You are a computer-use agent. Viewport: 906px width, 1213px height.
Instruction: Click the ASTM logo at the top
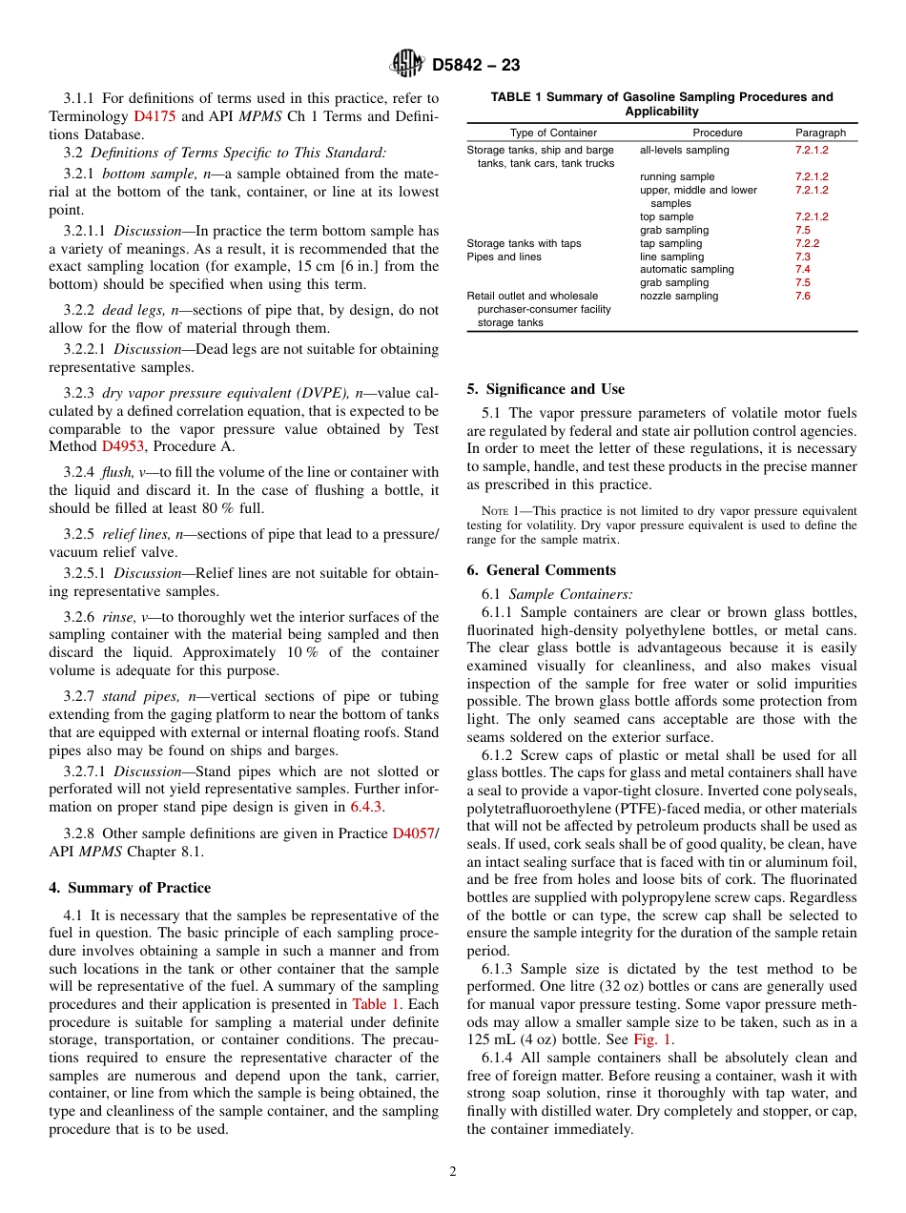click(x=407, y=65)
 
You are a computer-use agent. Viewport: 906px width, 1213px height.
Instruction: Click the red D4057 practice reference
click(x=414, y=833)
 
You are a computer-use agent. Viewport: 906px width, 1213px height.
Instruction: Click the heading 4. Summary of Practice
click(x=130, y=888)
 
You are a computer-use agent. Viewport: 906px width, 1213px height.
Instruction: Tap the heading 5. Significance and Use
click(x=546, y=389)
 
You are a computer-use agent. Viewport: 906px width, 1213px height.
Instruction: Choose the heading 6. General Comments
click(x=541, y=570)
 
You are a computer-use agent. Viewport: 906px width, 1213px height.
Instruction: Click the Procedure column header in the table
click(x=716, y=133)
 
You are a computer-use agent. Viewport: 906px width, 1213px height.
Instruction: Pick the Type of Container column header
click(x=553, y=133)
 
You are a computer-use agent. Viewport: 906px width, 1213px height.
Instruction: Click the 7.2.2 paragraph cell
click(x=807, y=243)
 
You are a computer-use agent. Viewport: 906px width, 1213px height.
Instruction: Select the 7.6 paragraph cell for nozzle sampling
click(x=802, y=296)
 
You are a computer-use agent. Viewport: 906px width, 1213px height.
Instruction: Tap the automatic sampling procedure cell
click(x=687, y=270)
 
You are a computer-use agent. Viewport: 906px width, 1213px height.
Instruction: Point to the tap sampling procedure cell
click(x=671, y=243)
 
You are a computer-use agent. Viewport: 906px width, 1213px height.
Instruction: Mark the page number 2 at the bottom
click(x=453, y=1172)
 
